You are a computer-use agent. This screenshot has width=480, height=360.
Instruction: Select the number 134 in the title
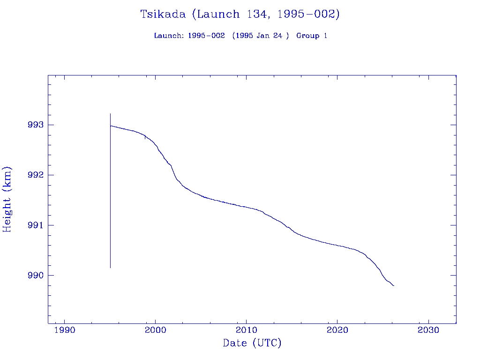[257, 14]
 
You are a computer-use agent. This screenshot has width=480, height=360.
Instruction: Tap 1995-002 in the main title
[307, 15]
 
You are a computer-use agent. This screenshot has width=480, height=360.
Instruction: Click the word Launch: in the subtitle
[169, 36]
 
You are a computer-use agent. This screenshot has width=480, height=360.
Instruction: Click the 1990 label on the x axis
[65, 330]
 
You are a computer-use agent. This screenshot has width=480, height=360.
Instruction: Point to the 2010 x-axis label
[247, 330]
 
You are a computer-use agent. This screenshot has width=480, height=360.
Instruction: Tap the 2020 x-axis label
[337, 330]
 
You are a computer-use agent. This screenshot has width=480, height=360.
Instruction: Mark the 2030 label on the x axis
[428, 330]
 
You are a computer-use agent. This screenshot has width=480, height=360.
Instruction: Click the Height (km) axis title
[7, 199]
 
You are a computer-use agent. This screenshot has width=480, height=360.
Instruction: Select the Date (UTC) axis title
[252, 344]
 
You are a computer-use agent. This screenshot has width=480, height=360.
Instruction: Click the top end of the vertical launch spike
[110, 113]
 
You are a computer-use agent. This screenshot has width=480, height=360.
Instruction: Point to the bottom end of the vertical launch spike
[110, 268]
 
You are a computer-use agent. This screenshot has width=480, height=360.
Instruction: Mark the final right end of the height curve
[394, 285]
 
